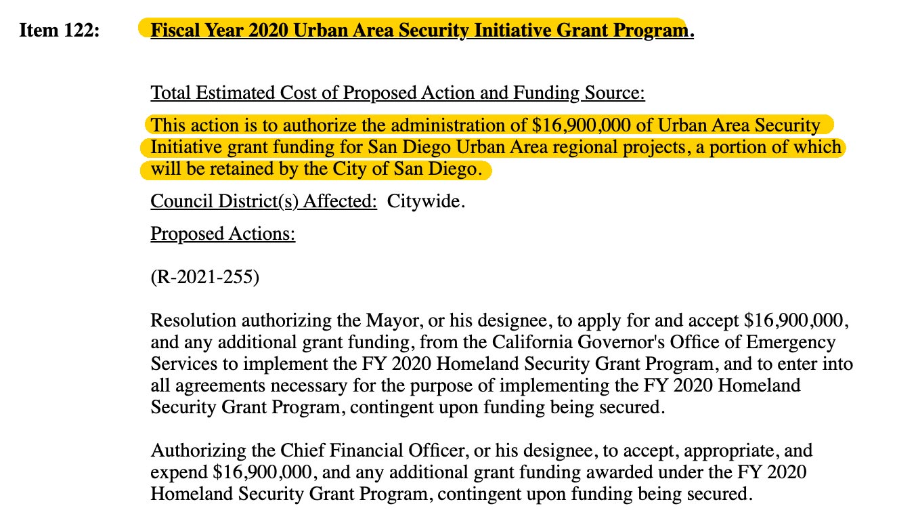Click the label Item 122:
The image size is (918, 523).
[x=60, y=31]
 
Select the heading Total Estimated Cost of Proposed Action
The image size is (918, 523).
[x=397, y=93]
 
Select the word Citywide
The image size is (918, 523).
[x=426, y=202]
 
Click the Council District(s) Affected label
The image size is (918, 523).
[x=263, y=202]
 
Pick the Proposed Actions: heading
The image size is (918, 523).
[x=223, y=234]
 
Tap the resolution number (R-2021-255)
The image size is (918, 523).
[x=204, y=278]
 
